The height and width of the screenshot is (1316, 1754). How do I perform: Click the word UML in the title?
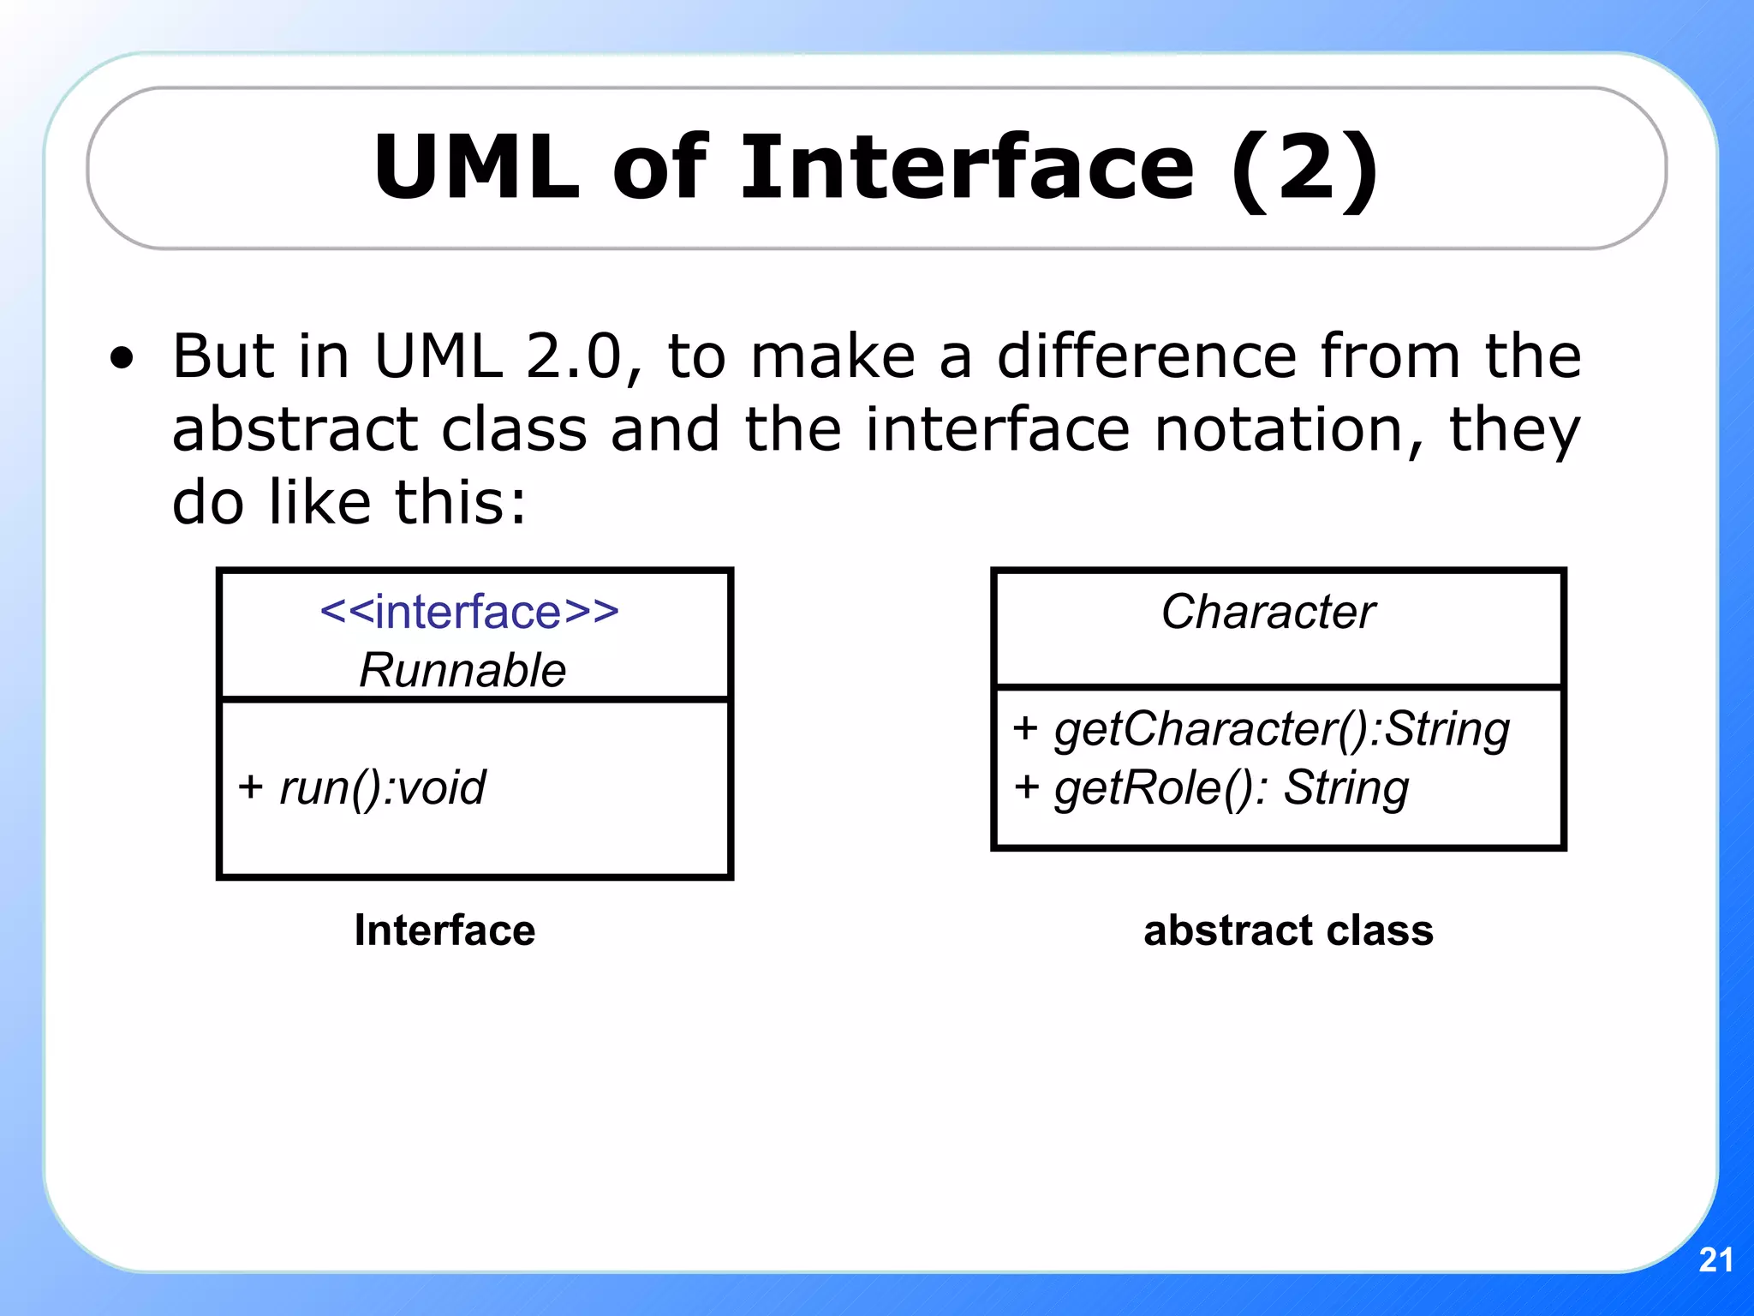(477, 168)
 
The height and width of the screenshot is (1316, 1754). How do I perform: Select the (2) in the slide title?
(1305, 170)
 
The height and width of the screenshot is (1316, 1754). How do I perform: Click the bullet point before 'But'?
(122, 358)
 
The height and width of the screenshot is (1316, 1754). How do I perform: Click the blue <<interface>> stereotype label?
(469, 612)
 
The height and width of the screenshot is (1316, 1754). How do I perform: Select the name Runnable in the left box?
(462, 670)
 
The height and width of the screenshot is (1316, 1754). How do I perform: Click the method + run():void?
(362, 787)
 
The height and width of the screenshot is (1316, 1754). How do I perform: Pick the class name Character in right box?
(1268, 612)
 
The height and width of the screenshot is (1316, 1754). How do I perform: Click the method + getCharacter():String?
(1261, 730)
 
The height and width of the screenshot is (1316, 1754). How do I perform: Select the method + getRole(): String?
(1211, 788)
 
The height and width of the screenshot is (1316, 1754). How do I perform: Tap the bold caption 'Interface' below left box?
(444, 930)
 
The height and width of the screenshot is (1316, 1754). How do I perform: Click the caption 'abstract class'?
(1288, 930)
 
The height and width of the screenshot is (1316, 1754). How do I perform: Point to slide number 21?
(1715, 1259)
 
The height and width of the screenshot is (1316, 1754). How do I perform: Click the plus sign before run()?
(250, 787)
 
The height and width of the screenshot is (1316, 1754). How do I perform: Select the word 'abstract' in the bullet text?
(294, 429)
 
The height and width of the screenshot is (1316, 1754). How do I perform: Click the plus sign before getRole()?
(1026, 787)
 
